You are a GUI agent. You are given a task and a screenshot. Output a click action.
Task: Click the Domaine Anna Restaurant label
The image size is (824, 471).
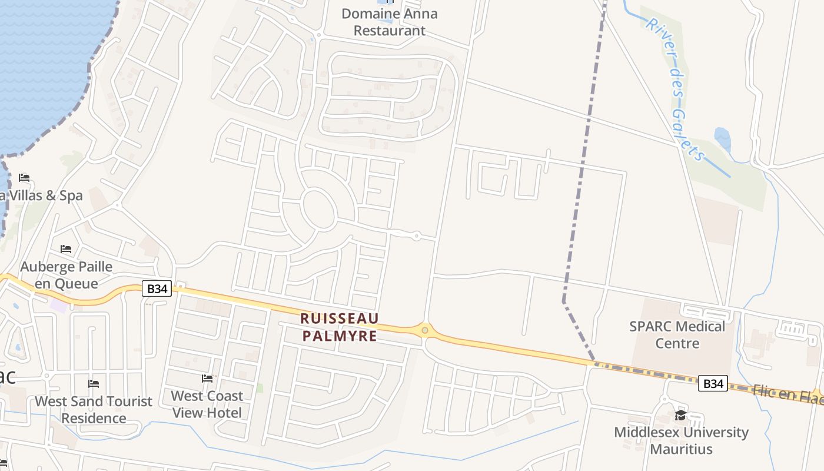pyautogui.click(x=389, y=22)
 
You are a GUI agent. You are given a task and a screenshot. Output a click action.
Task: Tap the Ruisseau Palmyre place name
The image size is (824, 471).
pyautogui.click(x=339, y=327)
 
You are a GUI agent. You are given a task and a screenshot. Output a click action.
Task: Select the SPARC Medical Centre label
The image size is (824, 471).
pyautogui.click(x=677, y=334)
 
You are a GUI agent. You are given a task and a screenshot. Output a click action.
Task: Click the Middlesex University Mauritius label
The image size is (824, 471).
pyautogui.click(x=681, y=440)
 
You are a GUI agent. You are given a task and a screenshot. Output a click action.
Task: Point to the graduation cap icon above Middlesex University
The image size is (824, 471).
pyautogui.click(x=680, y=416)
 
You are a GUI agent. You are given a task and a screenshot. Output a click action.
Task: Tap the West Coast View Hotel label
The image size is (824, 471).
pyautogui.click(x=207, y=404)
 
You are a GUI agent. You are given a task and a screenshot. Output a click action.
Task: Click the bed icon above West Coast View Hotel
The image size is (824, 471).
pyautogui.click(x=207, y=378)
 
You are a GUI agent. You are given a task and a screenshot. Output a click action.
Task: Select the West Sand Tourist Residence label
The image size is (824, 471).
pyautogui.click(x=94, y=410)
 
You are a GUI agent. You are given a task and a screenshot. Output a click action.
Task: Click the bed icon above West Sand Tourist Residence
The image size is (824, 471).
pyautogui.click(x=94, y=384)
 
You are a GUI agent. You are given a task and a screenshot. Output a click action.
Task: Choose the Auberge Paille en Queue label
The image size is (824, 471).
pyautogui.click(x=66, y=275)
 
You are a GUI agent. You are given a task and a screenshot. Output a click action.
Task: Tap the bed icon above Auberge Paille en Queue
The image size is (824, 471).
pyautogui.click(x=66, y=250)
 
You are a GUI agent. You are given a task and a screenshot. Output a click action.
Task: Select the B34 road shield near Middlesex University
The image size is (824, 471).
pyautogui.click(x=713, y=384)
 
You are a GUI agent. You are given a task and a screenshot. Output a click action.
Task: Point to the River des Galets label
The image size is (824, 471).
pyautogui.click(x=675, y=88)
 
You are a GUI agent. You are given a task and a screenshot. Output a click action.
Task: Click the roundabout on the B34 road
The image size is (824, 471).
pyautogui.click(x=424, y=330)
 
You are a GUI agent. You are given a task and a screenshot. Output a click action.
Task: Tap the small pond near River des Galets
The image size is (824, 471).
pyautogui.click(x=723, y=140)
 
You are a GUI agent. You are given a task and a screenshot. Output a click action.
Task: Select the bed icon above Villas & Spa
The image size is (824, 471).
pyautogui.click(x=24, y=177)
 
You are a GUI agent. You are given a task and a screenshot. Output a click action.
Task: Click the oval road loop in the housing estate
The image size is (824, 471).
pyautogui.click(x=318, y=208)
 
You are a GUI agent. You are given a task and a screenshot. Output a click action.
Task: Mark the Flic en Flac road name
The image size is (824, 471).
pyautogui.click(x=789, y=394)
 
